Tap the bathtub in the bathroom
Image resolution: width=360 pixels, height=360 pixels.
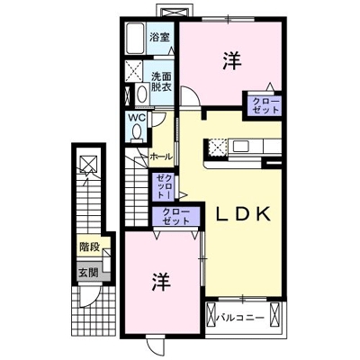[136, 40]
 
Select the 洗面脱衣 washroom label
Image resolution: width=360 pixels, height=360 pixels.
[162, 83]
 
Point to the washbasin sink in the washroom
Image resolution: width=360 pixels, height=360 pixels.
[142, 94]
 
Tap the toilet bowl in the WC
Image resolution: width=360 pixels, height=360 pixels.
[136, 132]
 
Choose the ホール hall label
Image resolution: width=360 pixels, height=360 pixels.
[162, 155]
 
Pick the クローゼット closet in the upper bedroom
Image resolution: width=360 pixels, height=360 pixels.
[265, 104]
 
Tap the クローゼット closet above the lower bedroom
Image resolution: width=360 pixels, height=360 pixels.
[176, 216]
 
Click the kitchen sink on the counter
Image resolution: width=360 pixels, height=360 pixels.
[244, 145]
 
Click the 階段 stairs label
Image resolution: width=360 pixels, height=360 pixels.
[88, 244]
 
